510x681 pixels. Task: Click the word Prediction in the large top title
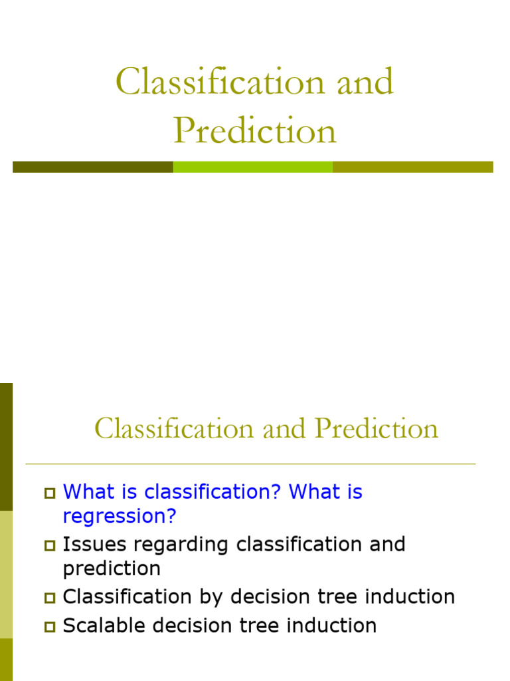[x=255, y=131]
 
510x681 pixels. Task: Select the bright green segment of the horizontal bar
[x=253, y=167]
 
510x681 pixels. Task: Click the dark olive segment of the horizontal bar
[x=93, y=167]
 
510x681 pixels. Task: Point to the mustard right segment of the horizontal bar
[x=412, y=167]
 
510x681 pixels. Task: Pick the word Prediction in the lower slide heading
[x=377, y=428]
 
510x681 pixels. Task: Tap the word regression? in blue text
[x=121, y=516]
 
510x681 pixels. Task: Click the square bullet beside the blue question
[x=50, y=493]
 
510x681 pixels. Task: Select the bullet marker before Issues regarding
[x=50, y=546]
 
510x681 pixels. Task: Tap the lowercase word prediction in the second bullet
[x=112, y=569]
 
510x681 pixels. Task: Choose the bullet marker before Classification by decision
[x=50, y=598]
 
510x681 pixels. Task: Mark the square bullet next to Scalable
[x=50, y=626]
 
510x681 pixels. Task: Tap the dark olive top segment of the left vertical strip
[x=6, y=446]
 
